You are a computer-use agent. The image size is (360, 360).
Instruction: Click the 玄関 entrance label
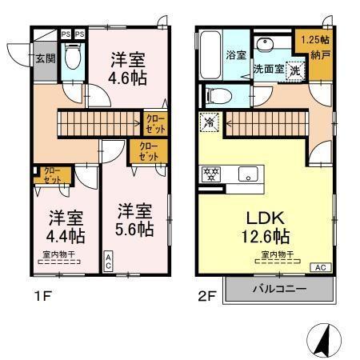44,58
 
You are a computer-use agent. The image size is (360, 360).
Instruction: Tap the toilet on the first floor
72,58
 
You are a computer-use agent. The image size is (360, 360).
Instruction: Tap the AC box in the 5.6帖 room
109,259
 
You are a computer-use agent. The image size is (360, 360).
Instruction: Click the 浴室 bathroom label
235,56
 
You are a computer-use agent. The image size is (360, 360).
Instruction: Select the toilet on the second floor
214,96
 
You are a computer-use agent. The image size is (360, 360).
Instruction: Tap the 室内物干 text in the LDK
277,255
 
